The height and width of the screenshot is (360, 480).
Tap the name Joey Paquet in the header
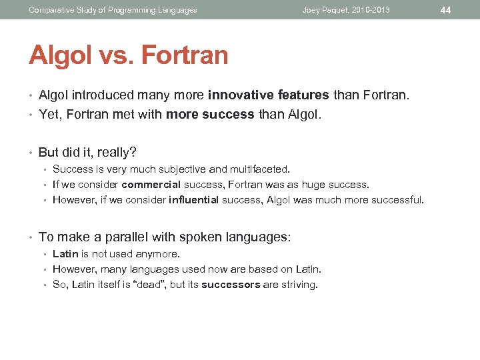point(324,10)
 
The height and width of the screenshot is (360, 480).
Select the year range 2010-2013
point(370,10)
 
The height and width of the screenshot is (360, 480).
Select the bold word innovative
point(235,95)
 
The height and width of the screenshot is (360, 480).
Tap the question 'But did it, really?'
point(87,152)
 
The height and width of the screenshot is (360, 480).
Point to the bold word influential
point(194,200)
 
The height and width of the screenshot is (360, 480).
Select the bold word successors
point(231,285)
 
